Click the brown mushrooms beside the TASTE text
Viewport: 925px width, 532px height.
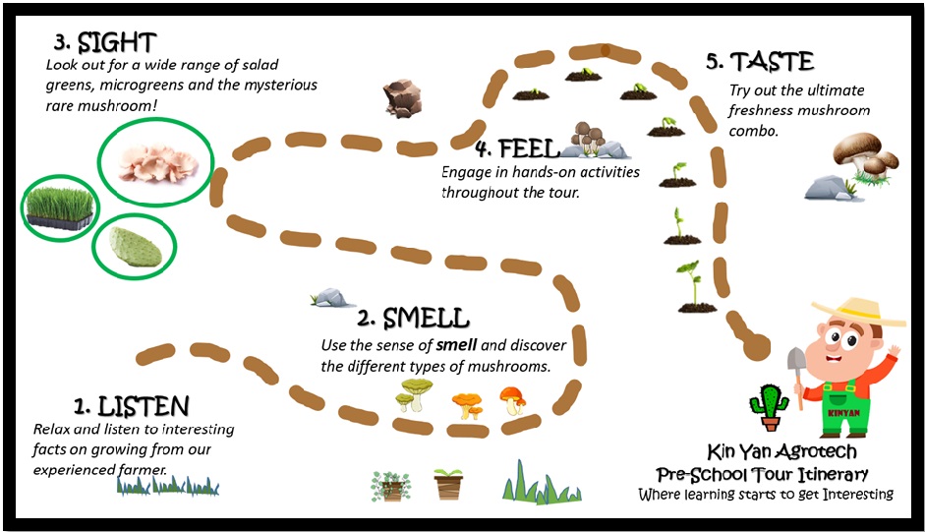pyautogui.click(x=865, y=155)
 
